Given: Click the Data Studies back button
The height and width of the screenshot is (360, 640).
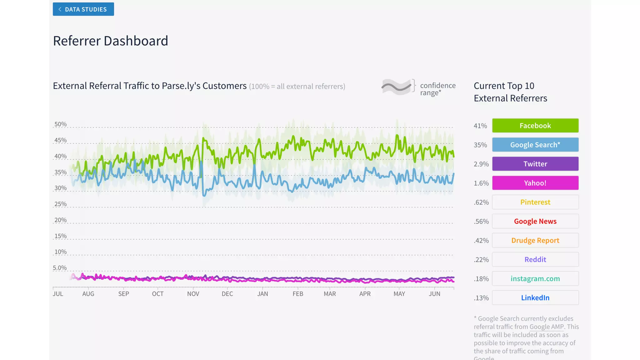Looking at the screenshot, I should [x=83, y=9].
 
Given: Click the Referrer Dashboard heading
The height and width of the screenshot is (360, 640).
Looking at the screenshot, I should [x=110, y=41].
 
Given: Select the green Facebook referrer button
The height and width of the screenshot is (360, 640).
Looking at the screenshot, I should [x=535, y=126].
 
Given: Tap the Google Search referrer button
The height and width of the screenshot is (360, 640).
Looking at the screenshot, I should [x=535, y=145].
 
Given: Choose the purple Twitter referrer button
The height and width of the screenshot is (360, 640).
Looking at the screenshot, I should [x=535, y=164].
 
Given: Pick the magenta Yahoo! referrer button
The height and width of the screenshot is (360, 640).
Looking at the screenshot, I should [x=535, y=183].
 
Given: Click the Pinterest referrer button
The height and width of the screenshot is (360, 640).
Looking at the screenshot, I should [x=535, y=202].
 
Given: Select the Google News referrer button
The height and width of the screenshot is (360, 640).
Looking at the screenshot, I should [x=535, y=221].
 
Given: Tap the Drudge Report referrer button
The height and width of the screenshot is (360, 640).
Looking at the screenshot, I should [x=535, y=240].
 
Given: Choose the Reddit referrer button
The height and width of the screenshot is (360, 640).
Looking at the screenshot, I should [x=535, y=259].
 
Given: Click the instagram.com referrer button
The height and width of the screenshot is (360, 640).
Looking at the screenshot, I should [x=535, y=278].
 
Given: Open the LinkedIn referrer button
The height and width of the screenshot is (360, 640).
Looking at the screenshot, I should [x=535, y=298].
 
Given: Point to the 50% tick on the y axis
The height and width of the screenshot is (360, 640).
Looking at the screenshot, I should [x=60, y=124].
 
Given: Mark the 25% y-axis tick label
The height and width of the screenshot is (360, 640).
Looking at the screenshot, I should [x=60, y=204].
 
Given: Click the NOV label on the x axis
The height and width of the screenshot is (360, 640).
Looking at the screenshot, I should [x=193, y=294].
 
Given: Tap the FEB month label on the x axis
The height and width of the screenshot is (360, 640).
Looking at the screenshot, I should [x=297, y=294].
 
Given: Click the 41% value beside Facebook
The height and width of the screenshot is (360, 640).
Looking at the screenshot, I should [x=480, y=126].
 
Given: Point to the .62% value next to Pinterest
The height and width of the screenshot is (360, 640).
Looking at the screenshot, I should [x=481, y=202].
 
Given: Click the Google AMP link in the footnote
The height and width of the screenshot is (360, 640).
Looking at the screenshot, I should [x=547, y=327].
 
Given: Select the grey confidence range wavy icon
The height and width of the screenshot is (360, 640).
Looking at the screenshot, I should [x=396, y=87].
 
